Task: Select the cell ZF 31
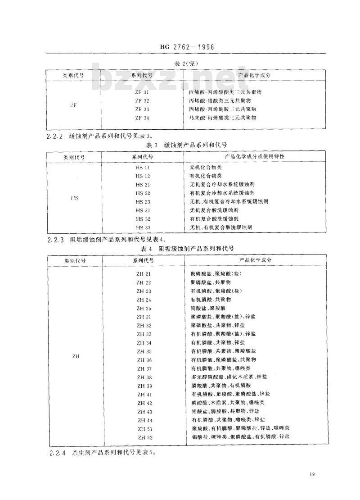pos(142,92)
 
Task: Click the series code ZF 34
pos(142,118)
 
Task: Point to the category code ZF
pos(73,105)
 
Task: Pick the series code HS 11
pos(143,168)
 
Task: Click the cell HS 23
pos(143,202)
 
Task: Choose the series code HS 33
pos(143,227)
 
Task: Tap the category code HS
pos(74,198)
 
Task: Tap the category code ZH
pos(76,356)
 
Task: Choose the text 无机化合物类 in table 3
pos(206,168)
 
